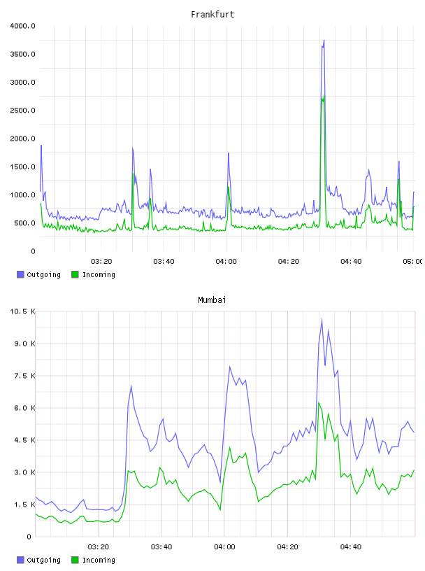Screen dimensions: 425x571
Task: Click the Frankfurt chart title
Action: pos(212,15)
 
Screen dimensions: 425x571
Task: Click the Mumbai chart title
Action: pos(212,300)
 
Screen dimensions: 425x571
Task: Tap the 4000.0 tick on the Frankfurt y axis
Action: pos(22,26)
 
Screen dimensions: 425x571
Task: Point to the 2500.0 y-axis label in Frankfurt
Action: pos(22,111)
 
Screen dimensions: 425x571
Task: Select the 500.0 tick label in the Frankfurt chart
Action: pos(24,223)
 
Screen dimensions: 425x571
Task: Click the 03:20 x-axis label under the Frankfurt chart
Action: pos(101,261)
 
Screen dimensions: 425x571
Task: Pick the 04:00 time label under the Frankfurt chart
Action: pos(226,261)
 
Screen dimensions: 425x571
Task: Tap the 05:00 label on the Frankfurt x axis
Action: pos(412,261)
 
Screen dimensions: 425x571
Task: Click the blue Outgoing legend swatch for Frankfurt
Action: pos(20,274)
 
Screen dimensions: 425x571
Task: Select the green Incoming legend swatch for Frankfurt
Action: pos(75,274)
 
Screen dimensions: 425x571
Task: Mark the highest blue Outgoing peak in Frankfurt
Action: pos(324,41)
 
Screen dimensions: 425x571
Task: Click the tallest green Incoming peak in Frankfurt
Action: pos(324,94)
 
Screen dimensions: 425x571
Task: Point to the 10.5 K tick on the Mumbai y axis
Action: pos(22,311)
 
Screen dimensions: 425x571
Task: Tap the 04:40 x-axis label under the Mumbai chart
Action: pos(351,547)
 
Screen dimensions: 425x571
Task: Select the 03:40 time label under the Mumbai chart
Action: pos(161,547)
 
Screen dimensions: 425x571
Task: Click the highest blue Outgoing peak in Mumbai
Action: pos(322,320)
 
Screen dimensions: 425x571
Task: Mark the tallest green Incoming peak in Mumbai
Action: pos(319,403)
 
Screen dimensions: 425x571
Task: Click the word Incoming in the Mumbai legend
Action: pos(99,560)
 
